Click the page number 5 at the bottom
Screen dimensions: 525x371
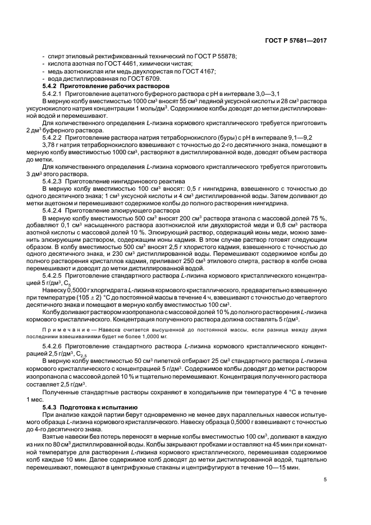click(326, 478)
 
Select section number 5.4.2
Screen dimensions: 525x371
click(51, 86)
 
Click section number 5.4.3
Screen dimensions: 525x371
click(51, 406)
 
